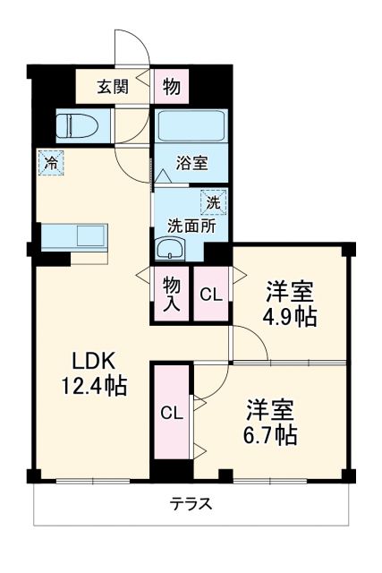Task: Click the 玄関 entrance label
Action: tap(113, 87)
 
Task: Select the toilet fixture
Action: tap(73, 126)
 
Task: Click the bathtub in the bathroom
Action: tap(191, 124)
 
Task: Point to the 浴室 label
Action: tap(191, 163)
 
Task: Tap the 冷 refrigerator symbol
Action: tap(51, 165)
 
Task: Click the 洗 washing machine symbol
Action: tap(213, 202)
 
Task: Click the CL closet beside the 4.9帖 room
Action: tap(212, 294)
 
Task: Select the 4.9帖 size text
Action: tap(288, 316)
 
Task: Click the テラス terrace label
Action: tap(191, 503)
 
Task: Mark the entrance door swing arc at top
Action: tap(129, 45)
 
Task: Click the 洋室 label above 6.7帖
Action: tap(269, 410)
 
